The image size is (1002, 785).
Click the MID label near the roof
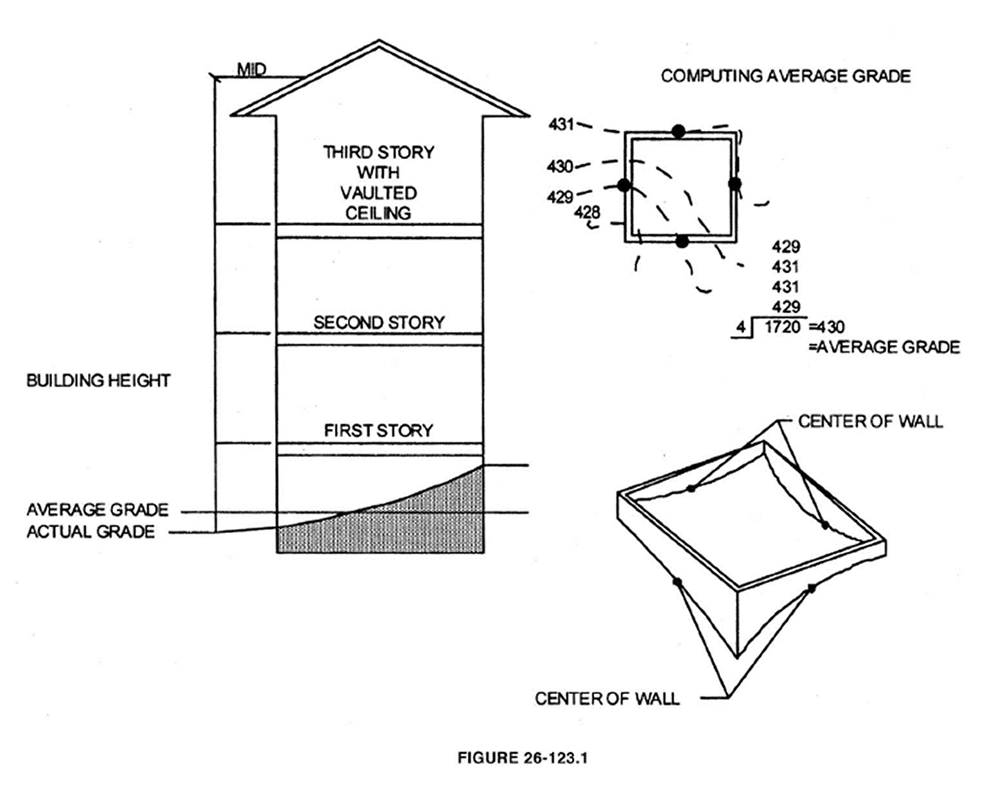click(252, 69)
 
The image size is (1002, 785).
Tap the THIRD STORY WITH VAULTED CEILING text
click(379, 182)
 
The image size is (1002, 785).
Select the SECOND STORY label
click(379, 322)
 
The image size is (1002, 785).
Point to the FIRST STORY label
click(379, 431)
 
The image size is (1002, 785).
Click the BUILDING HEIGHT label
click(98, 381)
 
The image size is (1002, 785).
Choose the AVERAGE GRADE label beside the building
click(97, 509)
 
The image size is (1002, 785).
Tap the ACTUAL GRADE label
click(90, 532)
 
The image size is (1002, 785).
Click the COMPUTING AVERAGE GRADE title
click(786, 76)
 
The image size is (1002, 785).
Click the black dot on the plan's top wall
click(678, 132)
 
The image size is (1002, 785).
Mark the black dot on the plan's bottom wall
click(682, 241)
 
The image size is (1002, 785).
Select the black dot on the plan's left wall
click(624, 185)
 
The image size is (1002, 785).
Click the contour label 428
click(587, 213)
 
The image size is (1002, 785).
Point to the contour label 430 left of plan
click(560, 167)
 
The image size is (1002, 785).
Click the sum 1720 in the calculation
click(782, 327)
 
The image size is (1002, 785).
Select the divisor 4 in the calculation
click(741, 328)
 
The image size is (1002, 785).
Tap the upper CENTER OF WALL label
click(870, 421)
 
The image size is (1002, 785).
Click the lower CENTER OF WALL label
click(608, 699)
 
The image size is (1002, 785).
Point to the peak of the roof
click(379, 41)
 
